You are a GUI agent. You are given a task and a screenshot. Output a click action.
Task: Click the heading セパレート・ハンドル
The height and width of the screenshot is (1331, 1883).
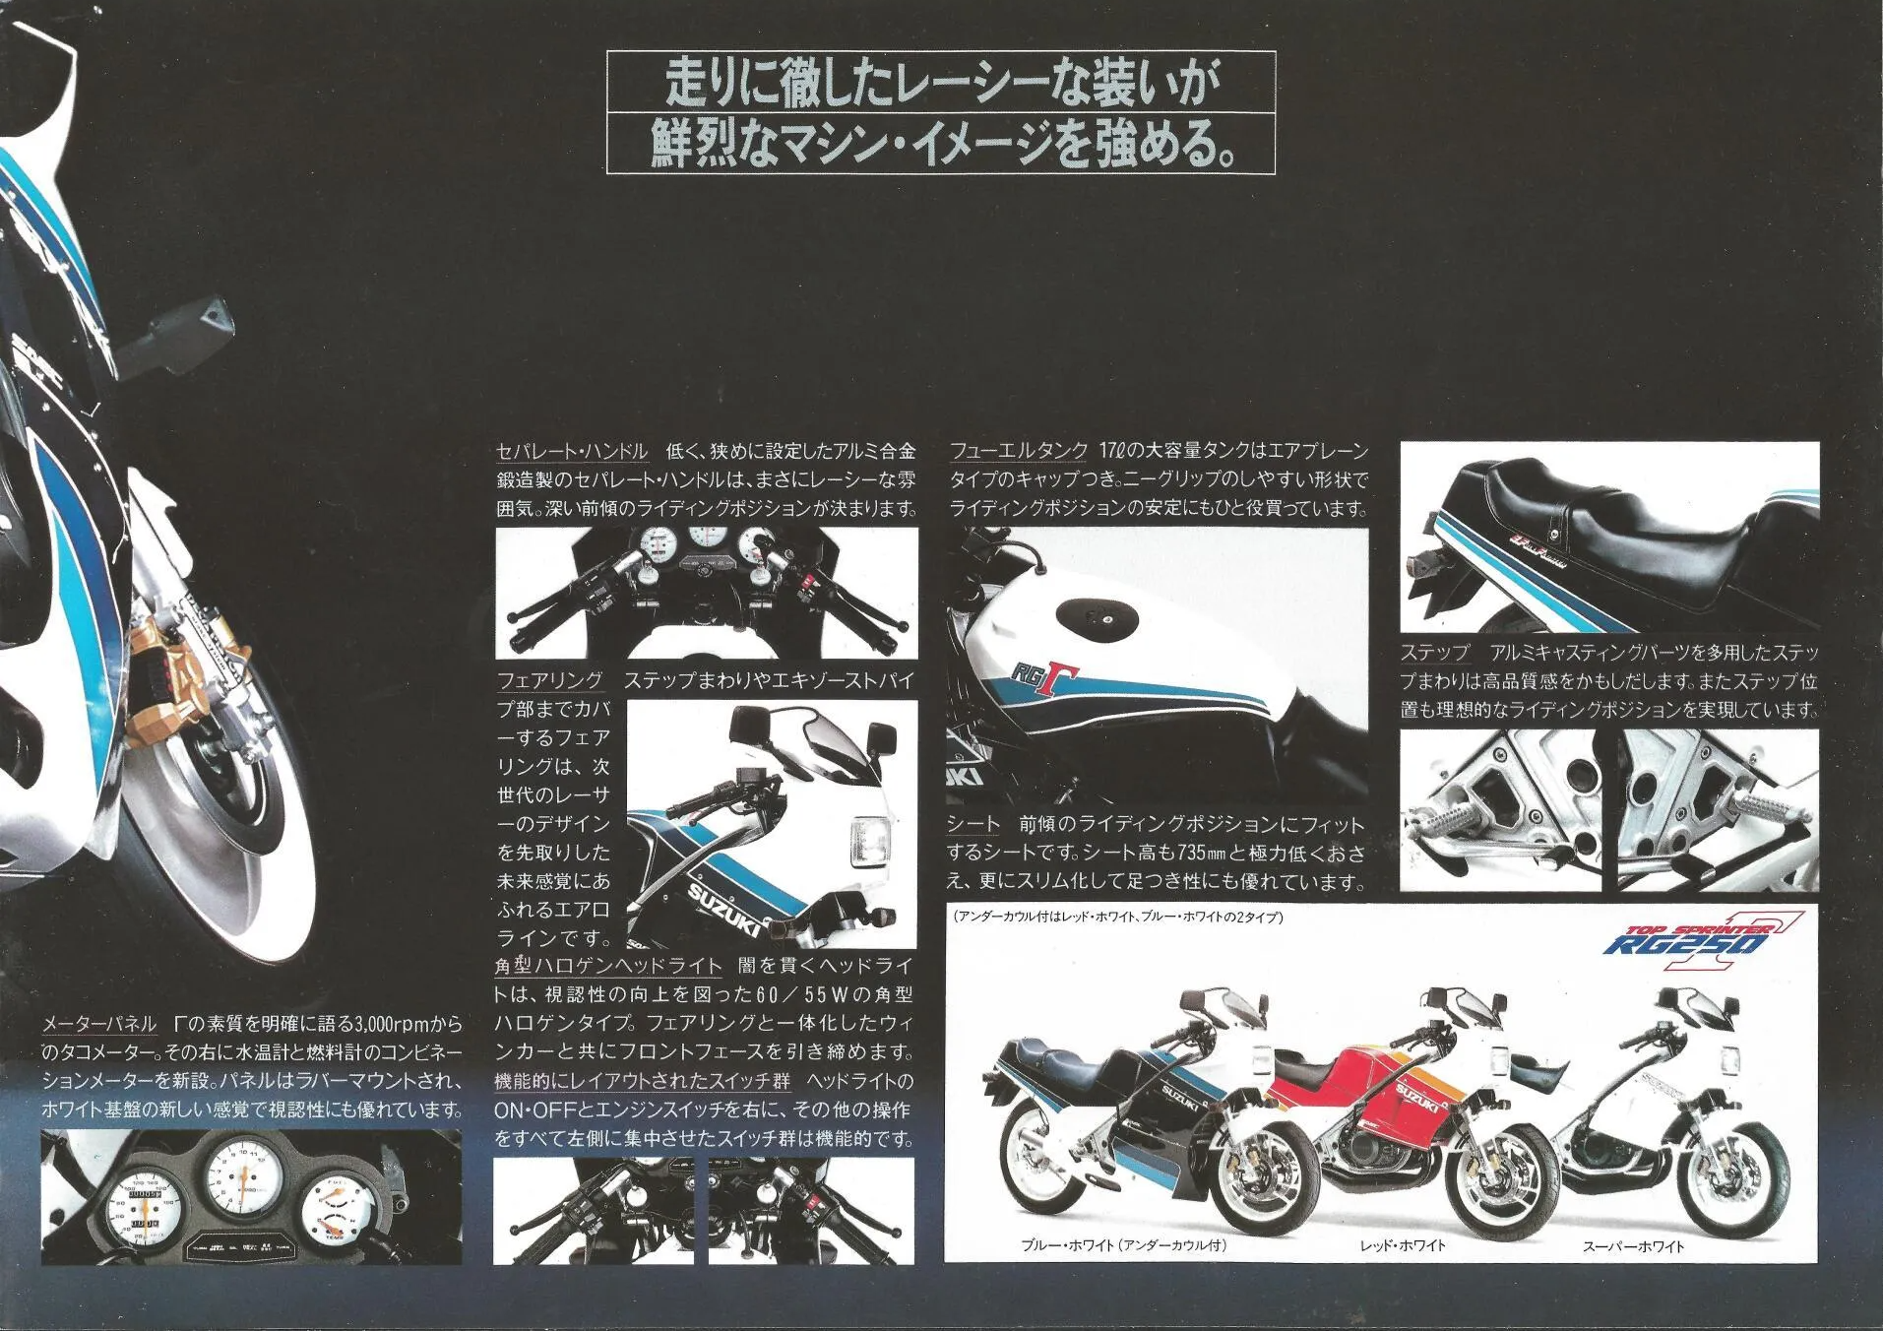(x=572, y=452)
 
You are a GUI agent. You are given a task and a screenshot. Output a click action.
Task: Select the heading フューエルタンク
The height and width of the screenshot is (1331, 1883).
(x=1018, y=451)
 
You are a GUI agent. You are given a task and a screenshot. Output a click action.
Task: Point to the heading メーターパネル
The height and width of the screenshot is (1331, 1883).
(x=99, y=1024)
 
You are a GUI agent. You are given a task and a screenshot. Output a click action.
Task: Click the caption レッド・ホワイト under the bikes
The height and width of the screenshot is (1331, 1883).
(x=1403, y=1245)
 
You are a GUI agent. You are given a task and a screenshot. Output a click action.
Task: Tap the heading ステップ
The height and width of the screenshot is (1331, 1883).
(x=1434, y=653)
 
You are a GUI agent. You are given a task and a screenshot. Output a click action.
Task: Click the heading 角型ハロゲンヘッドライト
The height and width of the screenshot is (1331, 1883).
(x=608, y=966)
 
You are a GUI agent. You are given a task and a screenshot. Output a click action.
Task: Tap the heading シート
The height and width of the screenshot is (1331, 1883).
(x=973, y=824)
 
